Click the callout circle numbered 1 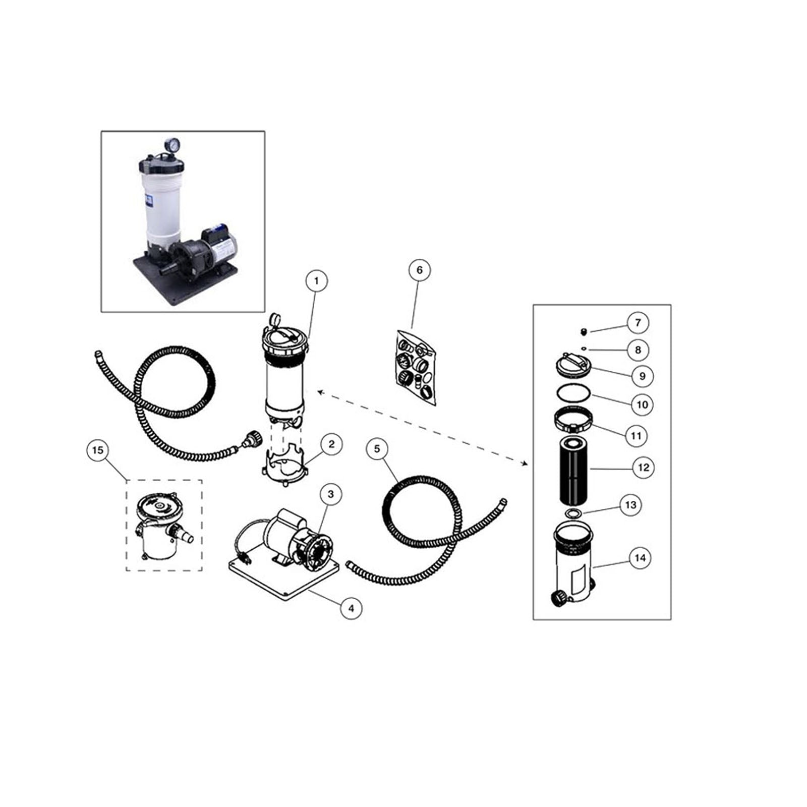point(316,280)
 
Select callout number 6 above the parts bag point(419,270)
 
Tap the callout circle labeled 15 point(98,449)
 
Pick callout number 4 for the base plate point(351,609)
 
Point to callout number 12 point(643,468)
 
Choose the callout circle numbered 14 point(640,558)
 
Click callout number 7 point(638,323)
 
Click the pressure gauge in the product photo point(171,145)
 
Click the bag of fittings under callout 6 point(416,367)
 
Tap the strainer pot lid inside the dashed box point(158,507)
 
